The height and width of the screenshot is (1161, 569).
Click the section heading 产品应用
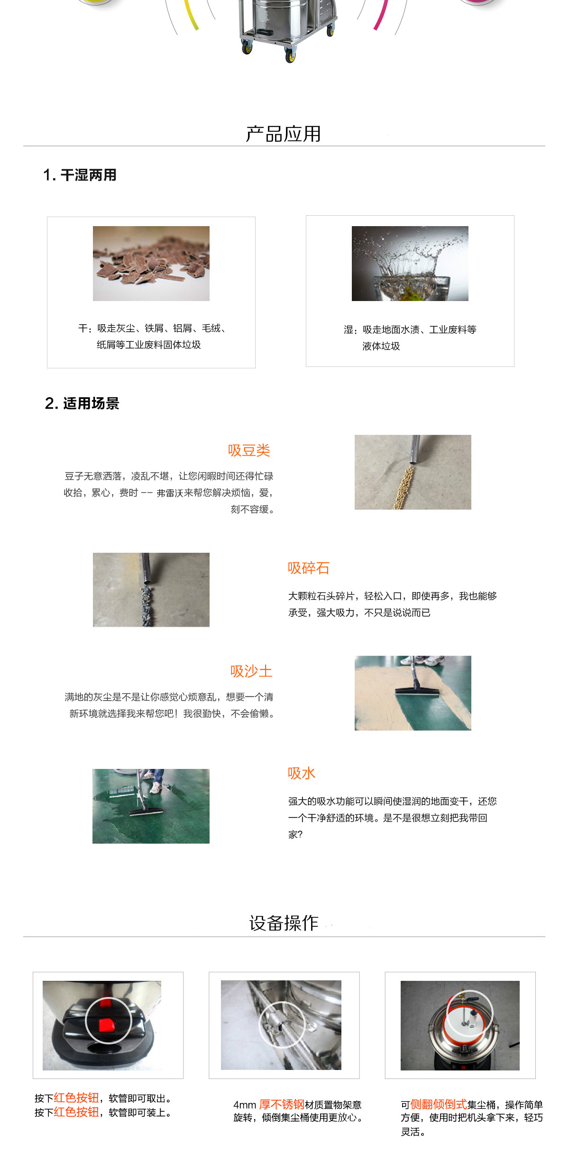[284, 134]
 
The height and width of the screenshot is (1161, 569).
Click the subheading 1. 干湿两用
[80, 175]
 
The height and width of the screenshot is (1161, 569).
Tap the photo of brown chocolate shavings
[151, 264]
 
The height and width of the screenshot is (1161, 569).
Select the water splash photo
[410, 264]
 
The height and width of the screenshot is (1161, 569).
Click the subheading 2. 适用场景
[82, 403]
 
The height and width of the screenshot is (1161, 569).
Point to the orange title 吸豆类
[249, 450]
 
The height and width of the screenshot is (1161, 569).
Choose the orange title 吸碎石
[309, 568]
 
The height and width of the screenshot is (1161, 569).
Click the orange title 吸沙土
[251, 671]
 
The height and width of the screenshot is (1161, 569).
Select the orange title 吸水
[302, 773]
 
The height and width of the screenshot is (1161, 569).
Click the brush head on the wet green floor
[147, 812]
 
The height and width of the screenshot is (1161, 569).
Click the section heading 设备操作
[284, 923]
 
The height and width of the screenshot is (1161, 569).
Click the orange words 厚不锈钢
[282, 1105]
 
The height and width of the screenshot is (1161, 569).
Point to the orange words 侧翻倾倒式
[439, 1104]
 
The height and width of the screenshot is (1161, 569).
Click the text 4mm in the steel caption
[245, 1105]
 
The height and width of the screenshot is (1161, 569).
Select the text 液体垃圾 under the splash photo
[381, 346]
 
